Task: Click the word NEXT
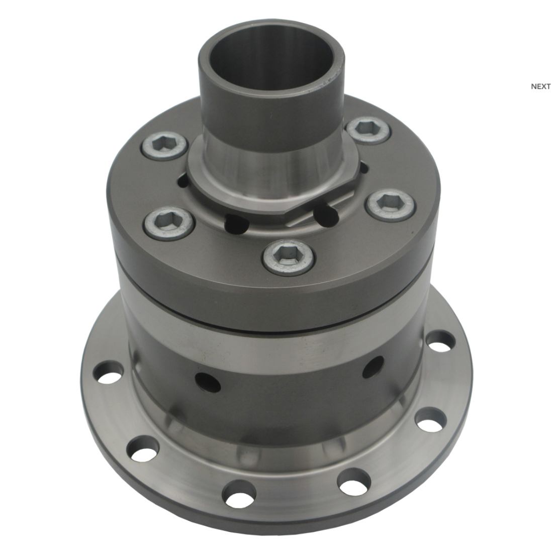tap(540, 86)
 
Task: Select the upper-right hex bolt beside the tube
tap(369, 130)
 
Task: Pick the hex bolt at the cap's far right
tap(391, 205)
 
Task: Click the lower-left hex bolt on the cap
tap(169, 224)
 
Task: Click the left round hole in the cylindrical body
tap(208, 381)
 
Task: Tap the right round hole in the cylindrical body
tap(373, 367)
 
